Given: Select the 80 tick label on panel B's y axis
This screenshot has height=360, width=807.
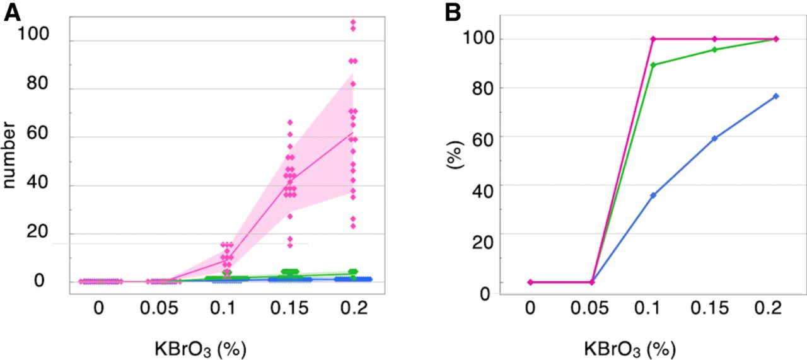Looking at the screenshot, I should pyautogui.click(x=481, y=88).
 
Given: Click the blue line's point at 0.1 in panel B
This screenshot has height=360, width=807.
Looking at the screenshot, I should pyautogui.click(x=653, y=195).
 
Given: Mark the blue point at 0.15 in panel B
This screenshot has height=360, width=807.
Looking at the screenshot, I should pyautogui.click(x=715, y=138).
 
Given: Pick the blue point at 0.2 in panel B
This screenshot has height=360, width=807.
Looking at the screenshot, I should pyautogui.click(x=776, y=96).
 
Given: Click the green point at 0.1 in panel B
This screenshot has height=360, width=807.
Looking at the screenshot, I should pyautogui.click(x=653, y=64).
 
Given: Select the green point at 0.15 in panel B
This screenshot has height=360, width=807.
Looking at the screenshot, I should pyautogui.click(x=715, y=49).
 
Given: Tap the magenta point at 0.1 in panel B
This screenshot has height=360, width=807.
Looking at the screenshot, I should pyautogui.click(x=653, y=39).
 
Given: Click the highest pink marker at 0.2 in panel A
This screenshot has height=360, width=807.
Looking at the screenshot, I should pyautogui.click(x=353, y=22).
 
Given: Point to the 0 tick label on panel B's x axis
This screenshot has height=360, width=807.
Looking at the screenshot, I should pyautogui.click(x=530, y=308).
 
